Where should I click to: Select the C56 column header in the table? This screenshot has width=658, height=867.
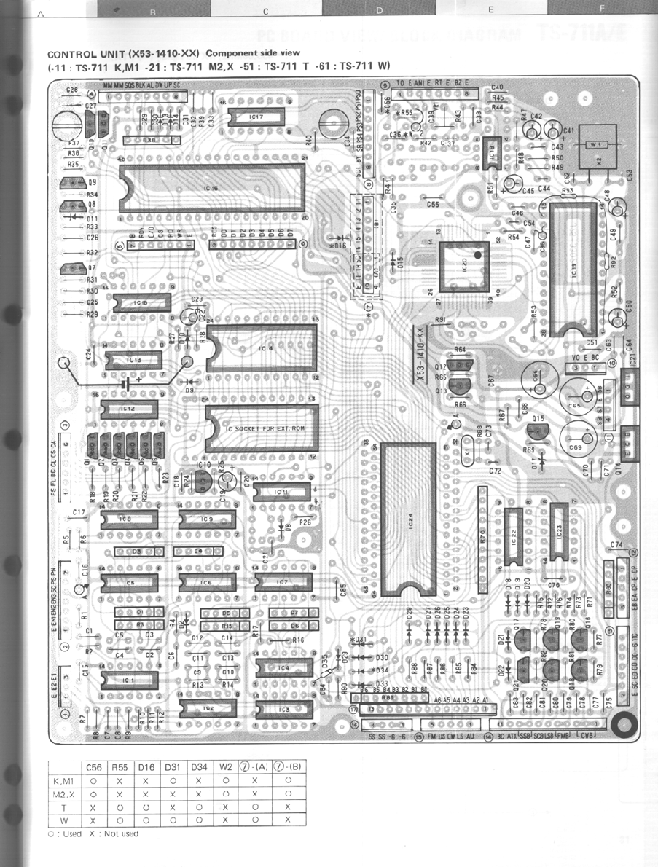94,766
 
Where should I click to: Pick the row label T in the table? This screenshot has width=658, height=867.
65,807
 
